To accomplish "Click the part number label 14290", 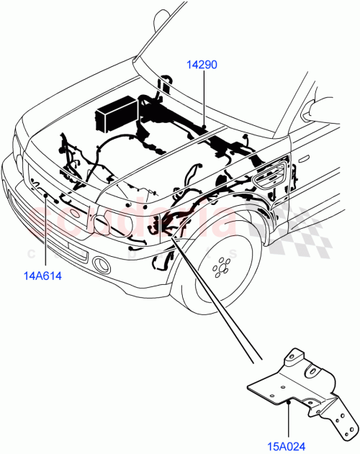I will coord(202,65).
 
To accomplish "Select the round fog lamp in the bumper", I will coord(100,265).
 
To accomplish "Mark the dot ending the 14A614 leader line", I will coord(47,195).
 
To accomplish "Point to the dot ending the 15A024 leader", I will coord(288,403).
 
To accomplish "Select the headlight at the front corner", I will coord(108,219).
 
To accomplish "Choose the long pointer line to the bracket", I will coord(216,302).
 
